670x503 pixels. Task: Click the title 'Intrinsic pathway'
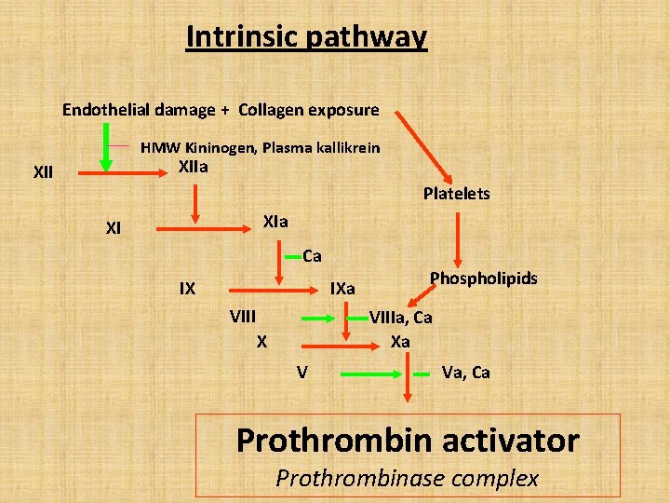pos(306,36)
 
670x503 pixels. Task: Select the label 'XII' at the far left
pos(43,172)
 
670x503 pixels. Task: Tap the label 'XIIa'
pos(193,168)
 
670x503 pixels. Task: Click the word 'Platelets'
pos(456,194)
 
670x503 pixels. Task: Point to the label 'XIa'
pos(275,222)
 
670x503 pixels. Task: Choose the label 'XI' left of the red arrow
pos(114,227)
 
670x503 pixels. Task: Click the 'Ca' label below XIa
pos(312,255)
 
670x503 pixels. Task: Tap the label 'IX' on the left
pos(187,288)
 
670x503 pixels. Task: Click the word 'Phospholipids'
pos(483,279)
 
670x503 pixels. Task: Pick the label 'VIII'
pos(243,316)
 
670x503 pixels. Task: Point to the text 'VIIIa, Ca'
pos(400,318)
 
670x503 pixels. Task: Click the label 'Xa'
pos(400,341)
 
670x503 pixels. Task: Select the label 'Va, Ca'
pos(465,373)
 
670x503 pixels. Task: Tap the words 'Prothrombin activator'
pos(408,440)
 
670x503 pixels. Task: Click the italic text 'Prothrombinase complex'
pos(408,478)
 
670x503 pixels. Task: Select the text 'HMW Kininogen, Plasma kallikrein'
pos(260,147)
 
